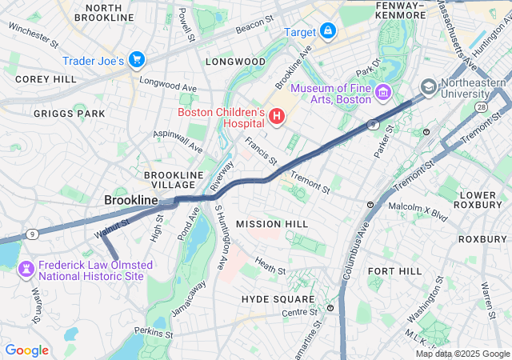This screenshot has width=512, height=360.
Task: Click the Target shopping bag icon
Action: click(327, 31)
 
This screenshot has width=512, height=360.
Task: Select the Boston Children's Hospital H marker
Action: click(277, 118)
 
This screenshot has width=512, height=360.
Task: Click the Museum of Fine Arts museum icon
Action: click(382, 94)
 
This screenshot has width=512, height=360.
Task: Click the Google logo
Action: click(26, 350)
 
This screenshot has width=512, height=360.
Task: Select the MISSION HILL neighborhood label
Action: click(266, 223)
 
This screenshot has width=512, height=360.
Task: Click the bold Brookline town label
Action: click(131, 199)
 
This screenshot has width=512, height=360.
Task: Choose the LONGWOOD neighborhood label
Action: click(235, 62)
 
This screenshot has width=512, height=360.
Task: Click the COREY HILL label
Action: click(46, 79)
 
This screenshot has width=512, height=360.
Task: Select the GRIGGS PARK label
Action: click(69, 114)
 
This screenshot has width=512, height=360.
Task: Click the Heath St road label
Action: click(270, 265)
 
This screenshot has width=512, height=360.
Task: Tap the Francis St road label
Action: click(261, 146)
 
